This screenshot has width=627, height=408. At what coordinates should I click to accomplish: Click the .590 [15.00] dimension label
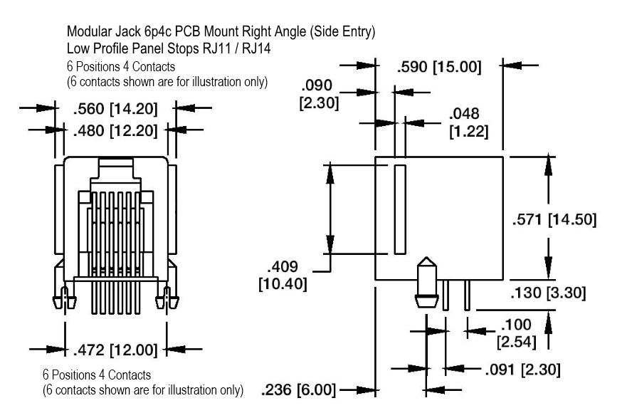(438, 68)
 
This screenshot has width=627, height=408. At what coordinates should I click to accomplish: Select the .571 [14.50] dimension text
(554, 219)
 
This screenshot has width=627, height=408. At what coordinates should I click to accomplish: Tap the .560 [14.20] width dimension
(115, 110)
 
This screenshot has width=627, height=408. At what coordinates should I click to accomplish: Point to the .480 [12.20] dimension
(115, 131)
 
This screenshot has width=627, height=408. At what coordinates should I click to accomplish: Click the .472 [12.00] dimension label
(117, 350)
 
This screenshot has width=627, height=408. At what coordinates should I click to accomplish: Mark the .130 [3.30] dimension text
(549, 292)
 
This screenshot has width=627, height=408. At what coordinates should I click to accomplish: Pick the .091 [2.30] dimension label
(522, 370)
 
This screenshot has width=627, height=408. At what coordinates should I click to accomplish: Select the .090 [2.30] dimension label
(319, 94)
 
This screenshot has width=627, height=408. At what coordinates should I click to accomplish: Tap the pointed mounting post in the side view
(425, 282)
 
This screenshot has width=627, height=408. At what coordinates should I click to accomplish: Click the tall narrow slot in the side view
(399, 210)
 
